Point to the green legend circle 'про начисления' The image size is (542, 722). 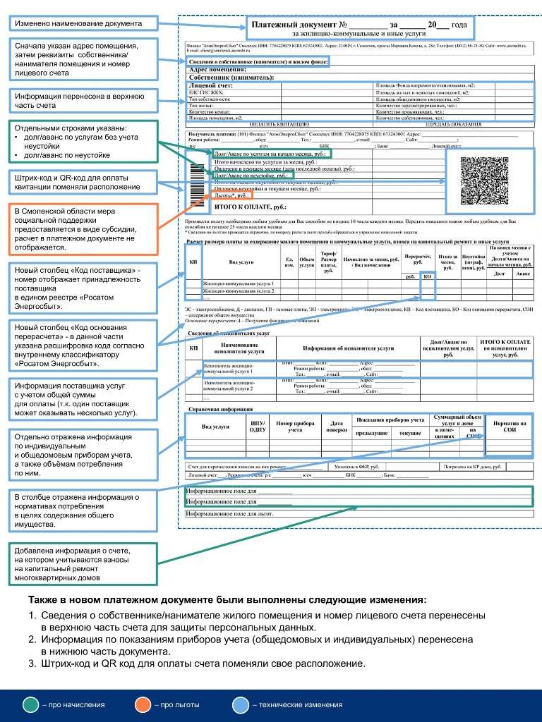(31, 704)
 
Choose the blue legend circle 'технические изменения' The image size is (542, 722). (241, 704)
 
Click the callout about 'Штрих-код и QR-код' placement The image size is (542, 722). (81, 183)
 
